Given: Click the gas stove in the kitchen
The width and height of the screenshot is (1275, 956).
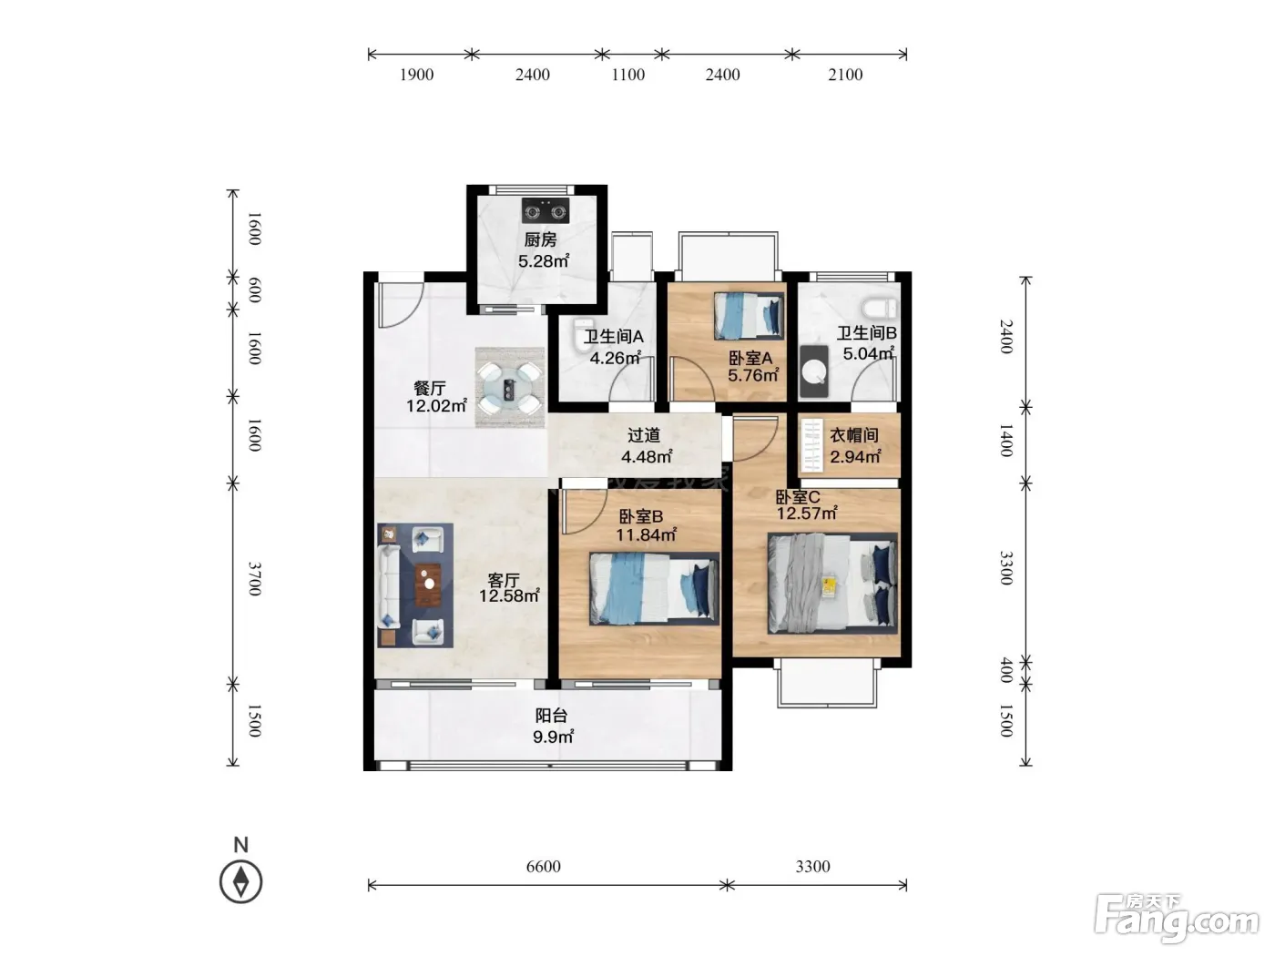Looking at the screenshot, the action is (545, 210).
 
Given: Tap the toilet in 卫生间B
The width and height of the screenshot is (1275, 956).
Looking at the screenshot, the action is (879, 308).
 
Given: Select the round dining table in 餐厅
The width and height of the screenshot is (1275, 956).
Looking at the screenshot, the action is (510, 388).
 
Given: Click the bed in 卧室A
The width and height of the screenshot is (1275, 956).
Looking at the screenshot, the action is (749, 315).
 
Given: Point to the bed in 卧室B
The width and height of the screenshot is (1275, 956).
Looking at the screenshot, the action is (654, 588).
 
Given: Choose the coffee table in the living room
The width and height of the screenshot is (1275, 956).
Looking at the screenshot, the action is (428, 584).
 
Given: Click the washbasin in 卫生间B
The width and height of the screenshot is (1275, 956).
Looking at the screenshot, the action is (813, 371).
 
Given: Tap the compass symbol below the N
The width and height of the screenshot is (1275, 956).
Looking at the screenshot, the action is (240, 881).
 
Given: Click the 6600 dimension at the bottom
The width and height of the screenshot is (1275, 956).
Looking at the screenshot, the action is (543, 866).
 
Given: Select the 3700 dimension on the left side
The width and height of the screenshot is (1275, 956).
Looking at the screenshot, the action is (254, 578).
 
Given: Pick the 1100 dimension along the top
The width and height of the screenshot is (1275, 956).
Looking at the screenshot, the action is (627, 75).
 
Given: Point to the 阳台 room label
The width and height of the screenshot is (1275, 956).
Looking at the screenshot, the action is (551, 716).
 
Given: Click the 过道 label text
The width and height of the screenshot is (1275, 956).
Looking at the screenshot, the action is (644, 435).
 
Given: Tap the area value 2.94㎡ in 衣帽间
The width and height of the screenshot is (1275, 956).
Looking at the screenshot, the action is (855, 456).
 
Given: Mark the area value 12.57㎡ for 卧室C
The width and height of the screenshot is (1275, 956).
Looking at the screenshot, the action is (807, 513).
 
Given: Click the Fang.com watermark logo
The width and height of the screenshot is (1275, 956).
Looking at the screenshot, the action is (1176, 919).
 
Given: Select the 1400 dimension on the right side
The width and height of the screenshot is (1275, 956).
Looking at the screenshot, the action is (1006, 441).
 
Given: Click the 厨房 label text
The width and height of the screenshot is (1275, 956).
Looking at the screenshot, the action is (540, 239).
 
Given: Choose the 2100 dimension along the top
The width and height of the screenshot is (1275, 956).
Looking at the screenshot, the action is (845, 75).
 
